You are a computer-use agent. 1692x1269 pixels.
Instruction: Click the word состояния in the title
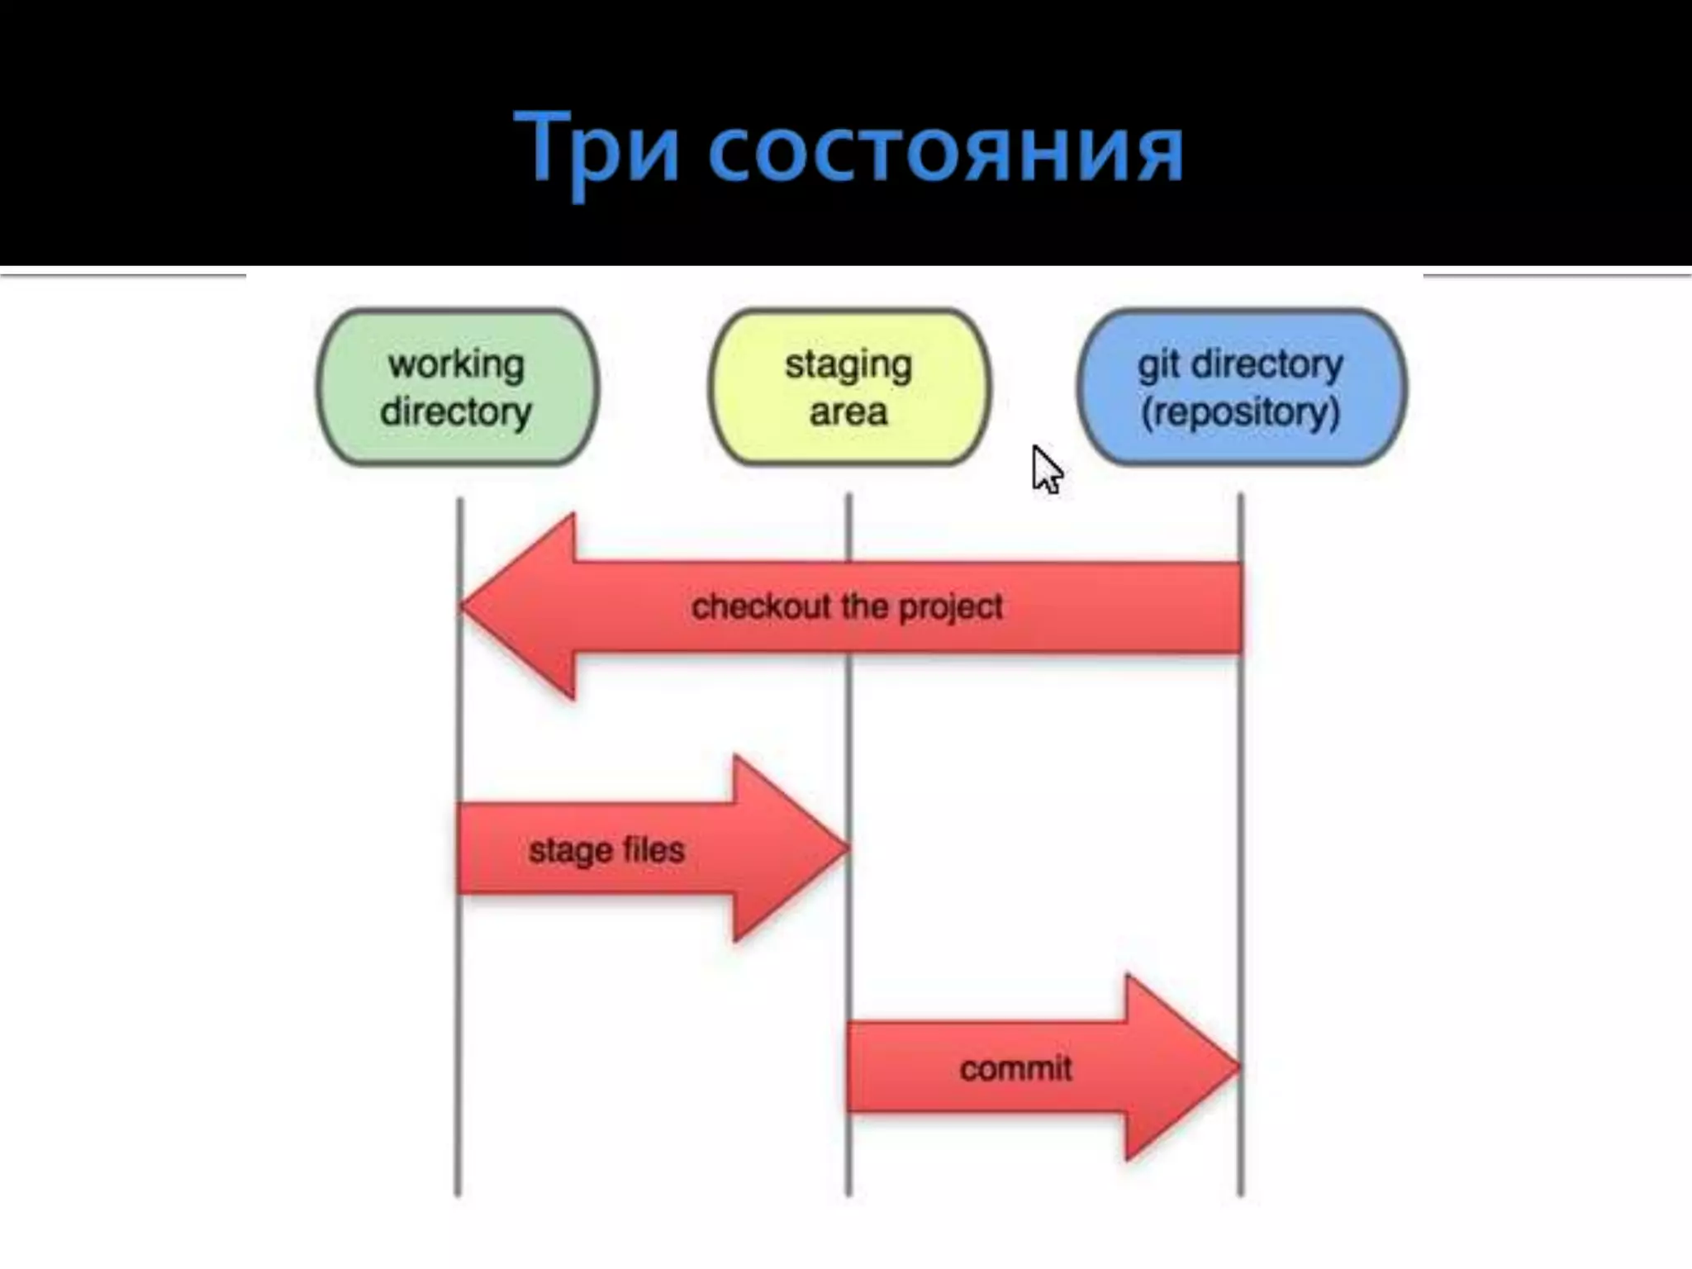click(x=946, y=154)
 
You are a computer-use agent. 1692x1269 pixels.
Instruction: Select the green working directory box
click(x=457, y=387)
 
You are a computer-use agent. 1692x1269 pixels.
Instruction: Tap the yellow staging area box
click(x=848, y=387)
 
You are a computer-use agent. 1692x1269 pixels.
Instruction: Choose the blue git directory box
click(x=1241, y=387)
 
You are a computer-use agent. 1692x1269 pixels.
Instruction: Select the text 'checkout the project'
click(x=847, y=607)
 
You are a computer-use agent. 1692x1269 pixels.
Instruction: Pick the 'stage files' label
click(x=606, y=850)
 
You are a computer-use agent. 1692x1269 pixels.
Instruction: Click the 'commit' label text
click(x=1015, y=1069)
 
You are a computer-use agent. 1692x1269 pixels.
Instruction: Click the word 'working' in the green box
click(x=456, y=364)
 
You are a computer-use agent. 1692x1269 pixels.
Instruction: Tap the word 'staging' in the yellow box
click(x=848, y=364)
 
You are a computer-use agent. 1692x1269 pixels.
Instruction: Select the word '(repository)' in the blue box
click(x=1240, y=411)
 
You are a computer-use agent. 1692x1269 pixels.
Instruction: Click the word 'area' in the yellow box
click(x=848, y=411)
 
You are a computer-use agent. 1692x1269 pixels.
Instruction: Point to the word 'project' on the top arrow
click(x=950, y=608)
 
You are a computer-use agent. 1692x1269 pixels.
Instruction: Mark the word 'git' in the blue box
click(x=1158, y=364)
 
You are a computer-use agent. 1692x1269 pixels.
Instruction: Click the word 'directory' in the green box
click(x=456, y=411)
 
